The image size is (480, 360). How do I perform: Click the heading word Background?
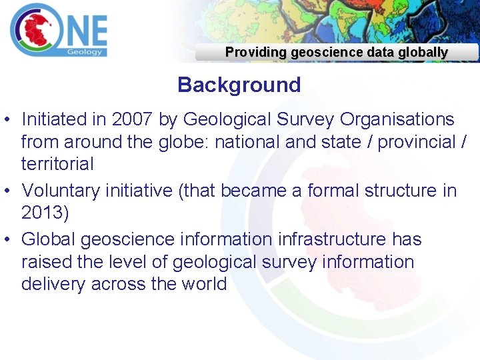[x=239, y=85]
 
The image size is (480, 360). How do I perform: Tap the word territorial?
[x=57, y=164]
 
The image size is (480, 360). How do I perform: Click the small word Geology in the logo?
[x=85, y=52]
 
